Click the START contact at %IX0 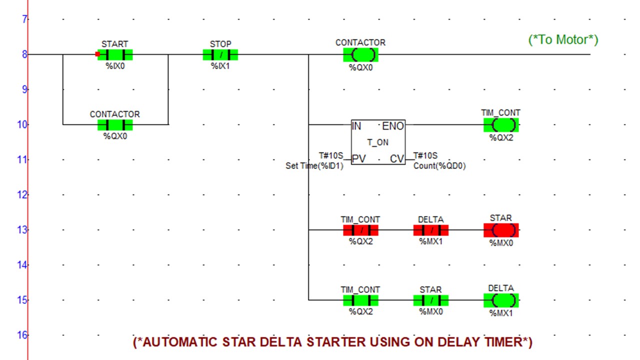point(115,54)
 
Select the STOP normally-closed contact point(220,54)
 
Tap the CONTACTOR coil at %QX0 point(360,54)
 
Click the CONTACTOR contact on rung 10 point(115,124)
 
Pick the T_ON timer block point(378,142)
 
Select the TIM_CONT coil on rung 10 point(501,124)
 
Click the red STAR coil point(501,230)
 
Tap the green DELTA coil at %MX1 point(501,300)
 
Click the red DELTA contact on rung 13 point(431,230)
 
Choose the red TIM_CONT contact point(360,230)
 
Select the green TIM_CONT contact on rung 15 point(360,300)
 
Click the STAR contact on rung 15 point(431,300)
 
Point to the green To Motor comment point(563,39)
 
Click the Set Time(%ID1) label point(314,166)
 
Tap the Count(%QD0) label point(439,166)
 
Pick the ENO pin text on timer point(392,126)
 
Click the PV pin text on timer point(358,159)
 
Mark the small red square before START point(97,54)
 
